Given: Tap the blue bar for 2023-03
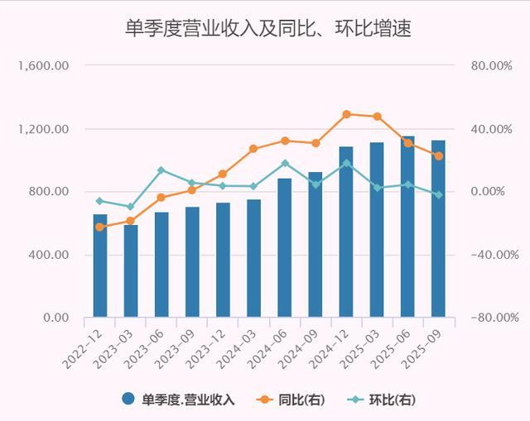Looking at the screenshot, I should point(131,270).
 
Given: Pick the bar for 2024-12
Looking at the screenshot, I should point(346,232).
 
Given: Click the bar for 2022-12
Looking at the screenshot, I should point(100,265).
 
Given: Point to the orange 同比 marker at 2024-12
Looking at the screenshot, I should point(346,114).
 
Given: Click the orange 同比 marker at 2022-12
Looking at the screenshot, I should point(100,227).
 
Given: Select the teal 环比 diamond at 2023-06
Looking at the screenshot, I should point(161,170).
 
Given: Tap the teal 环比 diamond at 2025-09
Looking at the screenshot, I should point(438,194).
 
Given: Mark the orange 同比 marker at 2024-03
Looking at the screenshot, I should point(253,149).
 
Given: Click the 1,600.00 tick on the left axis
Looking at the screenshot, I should point(46,66).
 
